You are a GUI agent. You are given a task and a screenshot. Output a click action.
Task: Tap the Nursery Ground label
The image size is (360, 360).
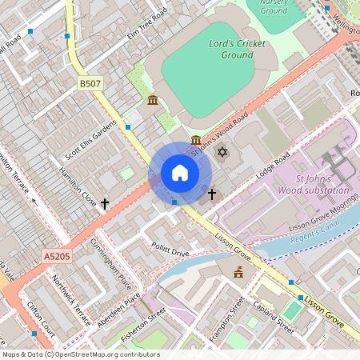coord(274,6)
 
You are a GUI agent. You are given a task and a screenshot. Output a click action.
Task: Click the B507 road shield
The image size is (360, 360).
coord(89,83)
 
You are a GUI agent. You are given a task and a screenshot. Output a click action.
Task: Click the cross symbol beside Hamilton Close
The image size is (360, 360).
coord(105,204)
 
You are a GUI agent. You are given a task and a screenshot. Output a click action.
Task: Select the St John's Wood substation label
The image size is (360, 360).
coord(311,185)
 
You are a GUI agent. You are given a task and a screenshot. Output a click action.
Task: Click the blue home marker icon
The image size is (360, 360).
coord(180,173)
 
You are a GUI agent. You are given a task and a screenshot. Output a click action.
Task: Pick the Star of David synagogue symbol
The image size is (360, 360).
coord(222,153)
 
